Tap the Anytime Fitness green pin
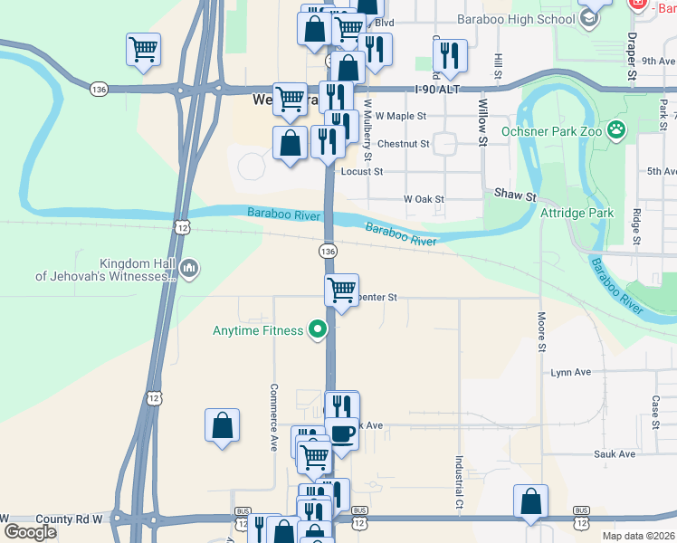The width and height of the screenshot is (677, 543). click(x=317, y=330)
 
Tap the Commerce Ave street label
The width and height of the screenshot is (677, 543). click(x=272, y=417)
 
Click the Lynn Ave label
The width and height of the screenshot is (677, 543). click(x=570, y=372)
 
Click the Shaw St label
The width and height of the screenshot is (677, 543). click(x=515, y=195)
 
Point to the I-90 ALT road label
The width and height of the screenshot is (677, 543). click(x=436, y=90)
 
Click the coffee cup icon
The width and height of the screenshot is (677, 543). click(x=342, y=433)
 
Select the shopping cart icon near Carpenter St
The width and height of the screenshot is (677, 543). click(x=341, y=291)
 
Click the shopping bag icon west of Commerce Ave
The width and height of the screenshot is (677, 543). click(x=223, y=425)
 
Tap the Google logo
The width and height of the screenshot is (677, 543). click(x=31, y=531)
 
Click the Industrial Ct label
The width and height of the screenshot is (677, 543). click(x=460, y=480)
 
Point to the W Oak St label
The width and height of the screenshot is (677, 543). click(x=424, y=199)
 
